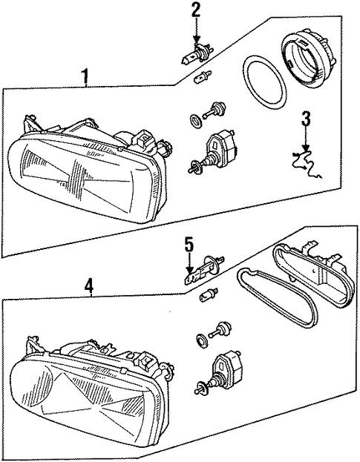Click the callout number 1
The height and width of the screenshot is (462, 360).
click(x=85, y=76)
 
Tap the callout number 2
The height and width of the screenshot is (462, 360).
click(x=196, y=12)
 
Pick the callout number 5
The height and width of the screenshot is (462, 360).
click(x=189, y=246)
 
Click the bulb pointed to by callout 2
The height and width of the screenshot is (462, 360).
click(x=196, y=53)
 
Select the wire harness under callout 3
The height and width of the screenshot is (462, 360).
click(x=307, y=164)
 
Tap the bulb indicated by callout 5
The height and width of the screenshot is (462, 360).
click(x=203, y=270)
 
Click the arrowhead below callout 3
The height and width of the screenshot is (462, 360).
click(x=306, y=148)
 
